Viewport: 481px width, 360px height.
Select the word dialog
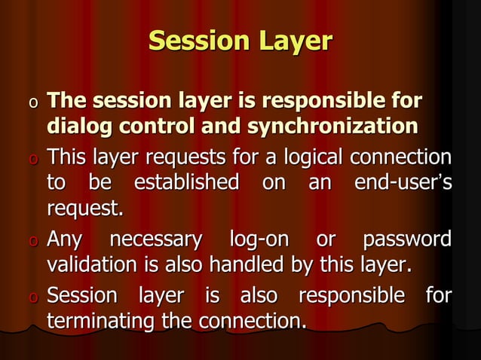78,127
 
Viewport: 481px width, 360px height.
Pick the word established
185,182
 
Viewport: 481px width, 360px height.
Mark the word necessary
156,240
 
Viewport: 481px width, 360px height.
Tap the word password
407,240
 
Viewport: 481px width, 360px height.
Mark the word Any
64,241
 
